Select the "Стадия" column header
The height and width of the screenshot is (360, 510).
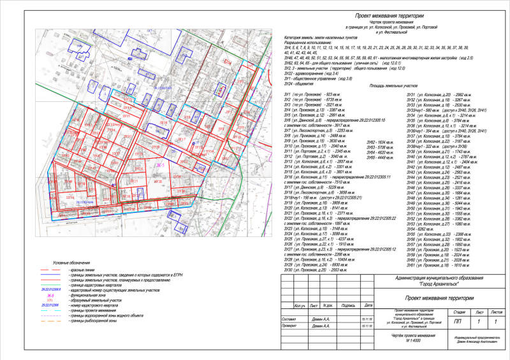pyautogui.click(x=459, y=313)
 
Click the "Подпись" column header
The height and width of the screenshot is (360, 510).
pyautogui.click(x=348, y=305)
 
